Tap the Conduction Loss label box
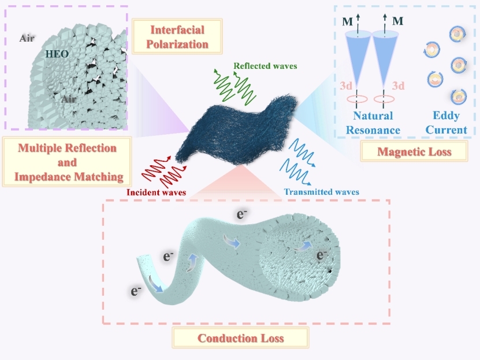click(x=240, y=337)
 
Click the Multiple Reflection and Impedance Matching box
click(x=67, y=162)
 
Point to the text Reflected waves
click(x=265, y=66)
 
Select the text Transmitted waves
click(x=322, y=192)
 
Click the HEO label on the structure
click(x=57, y=54)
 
